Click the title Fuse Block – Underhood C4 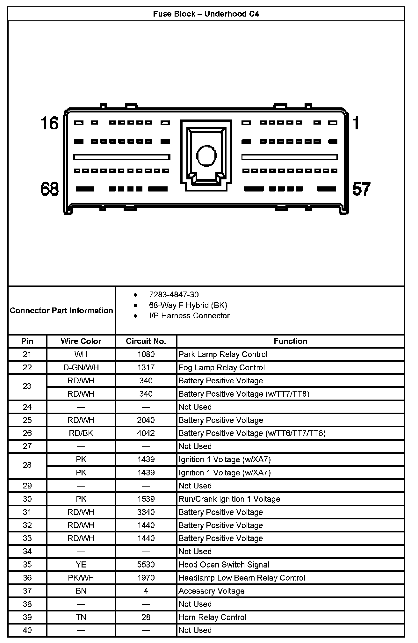tap(206, 14)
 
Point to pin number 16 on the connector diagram tap(49, 123)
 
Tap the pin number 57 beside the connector tap(361, 189)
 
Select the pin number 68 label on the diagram tap(50, 189)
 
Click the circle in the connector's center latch tap(206, 155)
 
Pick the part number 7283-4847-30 tap(174, 295)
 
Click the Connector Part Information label tap(61, 311)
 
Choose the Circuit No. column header tap(146, 341)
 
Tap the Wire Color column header tap(81, 341)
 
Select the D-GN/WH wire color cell tap(81, 368)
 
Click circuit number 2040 tap(146, 420)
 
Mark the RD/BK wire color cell tap(81, 433)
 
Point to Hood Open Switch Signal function tap(224, 565)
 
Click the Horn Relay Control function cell tap(212, 618)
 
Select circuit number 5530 tap(146, 565)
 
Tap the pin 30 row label tap(27, 499)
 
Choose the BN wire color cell tap(81, 591)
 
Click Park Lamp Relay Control tap(223, 355)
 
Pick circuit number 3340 tap(146, 512)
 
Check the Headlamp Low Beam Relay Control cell tap(242, 578)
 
